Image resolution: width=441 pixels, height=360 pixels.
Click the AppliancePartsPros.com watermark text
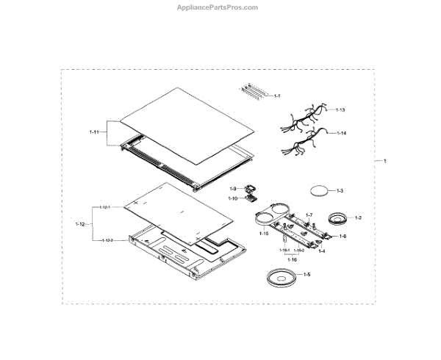pos(218,7)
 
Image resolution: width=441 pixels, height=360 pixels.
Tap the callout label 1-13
pos(340,109)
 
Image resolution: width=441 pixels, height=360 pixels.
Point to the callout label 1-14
pos(340,133)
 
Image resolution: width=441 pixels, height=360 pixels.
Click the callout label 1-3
pos(340,191)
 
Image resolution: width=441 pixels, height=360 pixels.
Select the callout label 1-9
pos(232,189)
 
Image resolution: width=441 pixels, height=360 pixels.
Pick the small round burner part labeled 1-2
pos(338,218)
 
